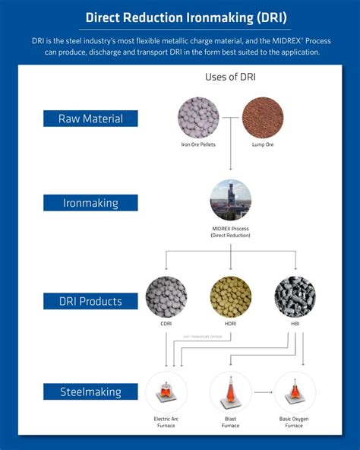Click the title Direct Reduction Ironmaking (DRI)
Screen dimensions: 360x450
(x=180, y=16)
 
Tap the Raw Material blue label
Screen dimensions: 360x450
(x=90, y=118)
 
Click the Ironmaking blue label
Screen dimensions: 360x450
(x=90, y=202)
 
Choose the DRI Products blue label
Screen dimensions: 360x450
(x=90, y=301)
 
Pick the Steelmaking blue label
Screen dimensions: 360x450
(x=90, y=392)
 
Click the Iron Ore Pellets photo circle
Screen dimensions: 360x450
(x=197, y=117)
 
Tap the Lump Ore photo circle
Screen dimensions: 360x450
(x=262, y=117)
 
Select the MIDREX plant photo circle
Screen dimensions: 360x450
(x=230, y=200)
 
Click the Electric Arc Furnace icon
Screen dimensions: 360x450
(x=166, y=391)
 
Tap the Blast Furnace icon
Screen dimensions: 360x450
(x=230, y=391)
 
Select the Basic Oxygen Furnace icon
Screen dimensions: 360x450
(x=295, y=391)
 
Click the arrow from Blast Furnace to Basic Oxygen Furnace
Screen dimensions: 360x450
(x=263, y=391)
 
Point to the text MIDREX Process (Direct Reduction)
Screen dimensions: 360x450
(x=230, y=232)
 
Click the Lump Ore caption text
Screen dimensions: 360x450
(x=262, y=144)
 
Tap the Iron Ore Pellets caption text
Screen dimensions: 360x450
(x=197, y=144)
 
